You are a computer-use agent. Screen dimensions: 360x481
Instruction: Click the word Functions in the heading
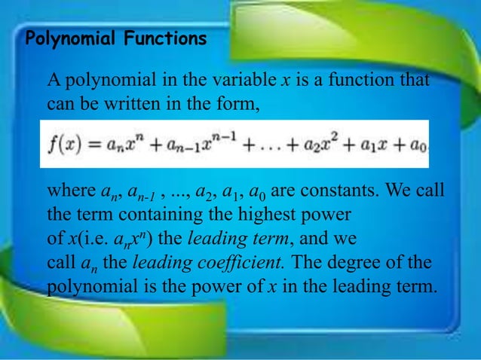[x=167, y=39]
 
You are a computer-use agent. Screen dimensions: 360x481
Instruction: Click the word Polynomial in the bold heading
[x=72, y=39]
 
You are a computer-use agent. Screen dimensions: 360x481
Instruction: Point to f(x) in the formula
[x=65, y=145]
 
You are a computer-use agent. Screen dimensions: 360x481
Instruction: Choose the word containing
[x=165, y=215]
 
